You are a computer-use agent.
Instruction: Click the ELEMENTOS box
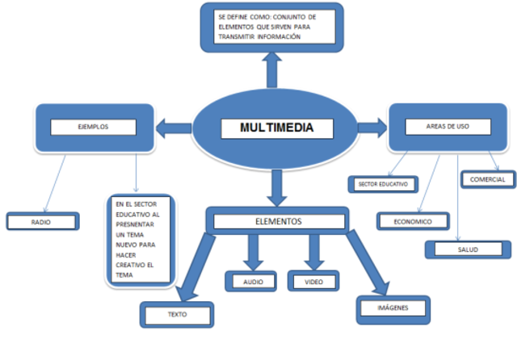coord(277,220)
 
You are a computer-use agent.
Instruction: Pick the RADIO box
coord(43,220)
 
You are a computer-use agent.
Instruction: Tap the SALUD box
coord(467,249)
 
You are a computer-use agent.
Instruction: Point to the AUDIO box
coord(253,281)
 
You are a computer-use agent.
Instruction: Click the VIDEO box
coord(313,281)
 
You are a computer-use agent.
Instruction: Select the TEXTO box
coord(177,314)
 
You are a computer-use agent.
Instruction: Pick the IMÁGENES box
coord(392,308)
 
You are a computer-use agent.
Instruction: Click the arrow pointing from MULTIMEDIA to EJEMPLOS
coord(170,127)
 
